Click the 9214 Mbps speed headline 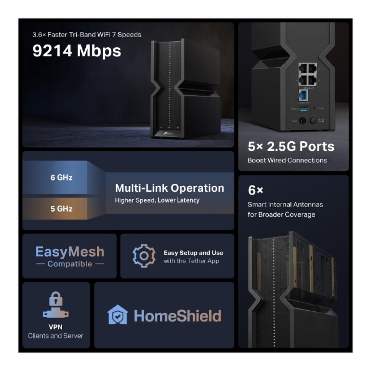[77, 51]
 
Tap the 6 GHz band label [61, 177]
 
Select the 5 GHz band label [61, 209]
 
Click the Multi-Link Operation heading [170, 188]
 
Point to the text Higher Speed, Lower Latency [157, 200]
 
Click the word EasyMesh [70, 252]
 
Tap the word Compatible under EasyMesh [70, 264]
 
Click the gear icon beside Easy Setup [144, 256]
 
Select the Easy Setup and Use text [193, 253]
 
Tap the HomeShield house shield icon [118, 315]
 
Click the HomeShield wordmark [177, 316]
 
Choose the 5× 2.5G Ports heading [291, 146]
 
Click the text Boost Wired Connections [287, 160]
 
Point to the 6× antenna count [255, 191]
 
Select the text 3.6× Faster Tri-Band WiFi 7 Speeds [87, 35]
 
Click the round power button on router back [313, 121]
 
